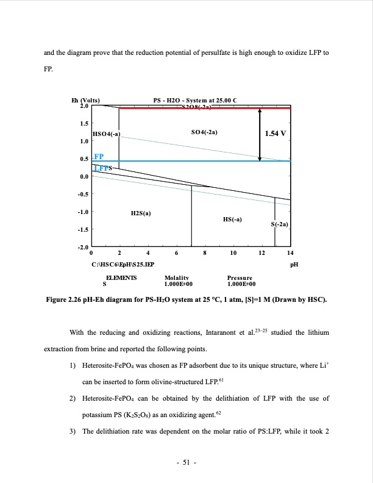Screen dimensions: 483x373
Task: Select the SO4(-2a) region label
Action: (204, 131)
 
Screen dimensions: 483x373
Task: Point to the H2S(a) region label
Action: (141, 213)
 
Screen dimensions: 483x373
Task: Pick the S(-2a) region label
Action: (279, 225)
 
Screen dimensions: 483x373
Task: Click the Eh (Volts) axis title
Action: (86, 101)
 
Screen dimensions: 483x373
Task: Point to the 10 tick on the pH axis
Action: (233, 252)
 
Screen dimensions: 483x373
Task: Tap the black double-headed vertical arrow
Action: (260, 134)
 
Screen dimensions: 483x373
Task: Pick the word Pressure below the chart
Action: (240, 277)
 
